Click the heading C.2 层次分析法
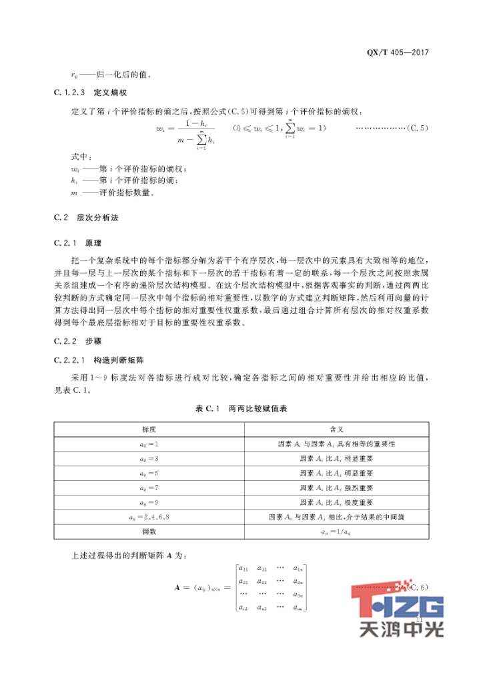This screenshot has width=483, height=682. (x=85, y=218)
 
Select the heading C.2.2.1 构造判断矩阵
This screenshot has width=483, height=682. (x=95, y=361)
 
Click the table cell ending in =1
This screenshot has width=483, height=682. (x=148, y=444)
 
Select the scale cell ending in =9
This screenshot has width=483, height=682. (x=148, y=502)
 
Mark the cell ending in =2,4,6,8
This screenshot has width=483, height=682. (x=148, y=517)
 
